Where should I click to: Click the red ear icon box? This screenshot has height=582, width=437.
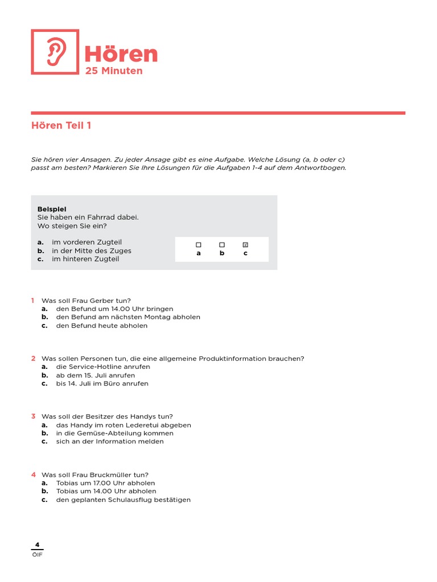(55, 52)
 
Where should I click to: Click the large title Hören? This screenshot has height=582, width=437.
(121, 54)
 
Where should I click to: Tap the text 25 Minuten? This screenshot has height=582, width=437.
(114, 71)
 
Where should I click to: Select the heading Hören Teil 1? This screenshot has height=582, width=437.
(61, 126)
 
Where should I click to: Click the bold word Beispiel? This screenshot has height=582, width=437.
(52, 209)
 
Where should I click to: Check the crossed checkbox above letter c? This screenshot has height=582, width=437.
(245, 244)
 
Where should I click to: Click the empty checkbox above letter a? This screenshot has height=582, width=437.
(199, 244)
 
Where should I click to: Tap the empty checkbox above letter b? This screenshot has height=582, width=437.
(222, 244)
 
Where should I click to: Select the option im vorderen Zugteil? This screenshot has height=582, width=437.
(86, 242)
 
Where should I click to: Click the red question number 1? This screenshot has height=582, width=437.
(33, 300)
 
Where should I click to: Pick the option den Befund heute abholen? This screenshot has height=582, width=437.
(101, 326)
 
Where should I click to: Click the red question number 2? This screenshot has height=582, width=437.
(33, 358)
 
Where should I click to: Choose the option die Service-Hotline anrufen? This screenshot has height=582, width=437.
(103, 367)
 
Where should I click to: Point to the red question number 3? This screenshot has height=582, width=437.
(33, 416)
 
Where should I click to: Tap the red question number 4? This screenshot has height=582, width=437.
(33, 474)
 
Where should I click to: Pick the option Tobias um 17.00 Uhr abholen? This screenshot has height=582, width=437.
(105, 483)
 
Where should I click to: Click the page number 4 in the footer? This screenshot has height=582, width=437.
(37, 544)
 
